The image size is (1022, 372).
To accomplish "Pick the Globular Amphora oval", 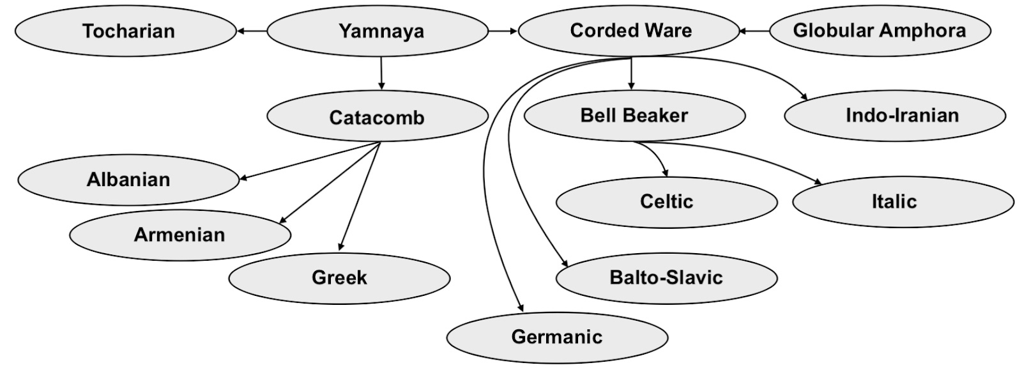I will point(880,31).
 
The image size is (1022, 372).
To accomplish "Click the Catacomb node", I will point(377,117).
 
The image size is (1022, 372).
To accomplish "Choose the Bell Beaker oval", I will point(634,116).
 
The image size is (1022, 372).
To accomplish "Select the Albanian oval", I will point(128,180).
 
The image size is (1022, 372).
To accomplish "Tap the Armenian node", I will point(179,235).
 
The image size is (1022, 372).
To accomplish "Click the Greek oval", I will point(339,277).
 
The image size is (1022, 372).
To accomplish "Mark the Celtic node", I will point(666,202).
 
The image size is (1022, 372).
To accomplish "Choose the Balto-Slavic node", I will point(666,277).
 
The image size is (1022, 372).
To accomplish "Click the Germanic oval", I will point(557,337).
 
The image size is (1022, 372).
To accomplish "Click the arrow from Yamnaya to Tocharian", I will point(252,31).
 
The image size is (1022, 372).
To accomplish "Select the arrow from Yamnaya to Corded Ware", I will point(503,31).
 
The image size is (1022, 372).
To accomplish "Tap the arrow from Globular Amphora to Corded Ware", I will point(754,31).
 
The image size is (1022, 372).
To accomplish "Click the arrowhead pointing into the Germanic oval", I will point(521,307).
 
